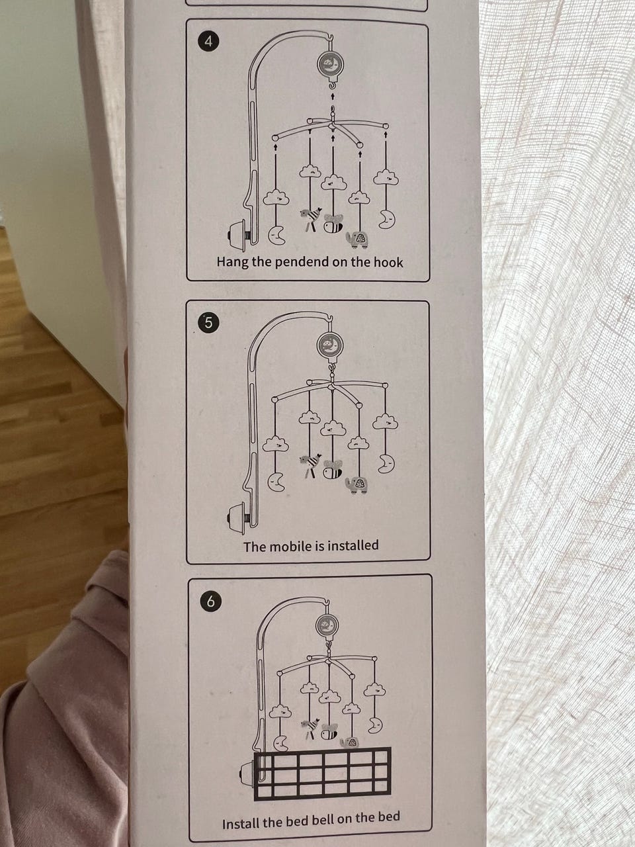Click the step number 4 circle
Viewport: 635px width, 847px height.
[208, 41]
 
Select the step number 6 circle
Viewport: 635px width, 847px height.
[210, 602]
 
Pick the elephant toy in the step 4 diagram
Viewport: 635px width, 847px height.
[357, 240]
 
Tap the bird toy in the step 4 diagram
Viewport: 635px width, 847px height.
[311, 218]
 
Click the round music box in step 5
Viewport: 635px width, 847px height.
[330, 345]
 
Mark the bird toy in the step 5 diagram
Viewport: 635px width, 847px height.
[311, 465]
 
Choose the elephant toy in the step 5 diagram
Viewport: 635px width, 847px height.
[357, 484]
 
